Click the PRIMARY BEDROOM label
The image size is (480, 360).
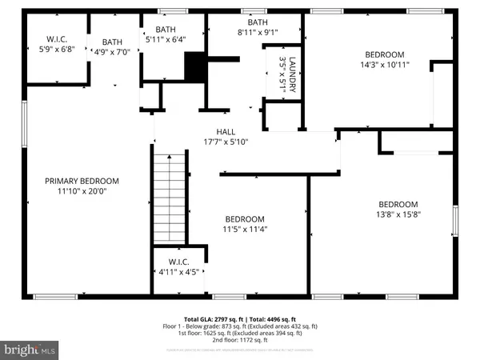tap(82, 181)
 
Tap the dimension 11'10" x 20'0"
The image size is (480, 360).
tap(82, 191)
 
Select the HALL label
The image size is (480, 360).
tap(226, 132)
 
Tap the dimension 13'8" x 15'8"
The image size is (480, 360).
tap(398, 214)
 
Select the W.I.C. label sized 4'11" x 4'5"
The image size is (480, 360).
tap(179, 272)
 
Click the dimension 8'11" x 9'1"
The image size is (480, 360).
tap(257, 33)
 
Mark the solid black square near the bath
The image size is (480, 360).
tap(195, 66)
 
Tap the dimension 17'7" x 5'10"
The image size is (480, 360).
tap(226, 142)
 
